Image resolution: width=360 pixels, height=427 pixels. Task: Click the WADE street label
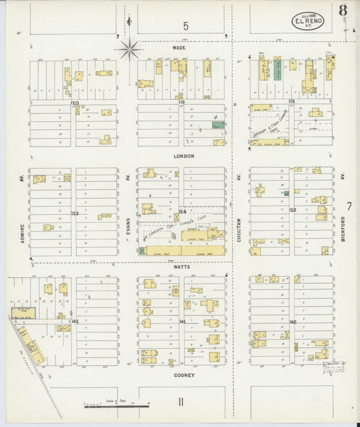(179, 48)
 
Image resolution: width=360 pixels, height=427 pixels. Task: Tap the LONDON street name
(183, 156)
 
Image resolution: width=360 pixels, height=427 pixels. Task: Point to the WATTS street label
(182, 267)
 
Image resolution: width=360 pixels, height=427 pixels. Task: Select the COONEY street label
(183, 375)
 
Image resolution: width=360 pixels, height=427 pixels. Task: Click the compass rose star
(128, 48)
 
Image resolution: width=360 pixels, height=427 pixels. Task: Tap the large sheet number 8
(343, 11)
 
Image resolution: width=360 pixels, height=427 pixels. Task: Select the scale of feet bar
(107, 406)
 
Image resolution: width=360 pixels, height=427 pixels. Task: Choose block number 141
(182, 322)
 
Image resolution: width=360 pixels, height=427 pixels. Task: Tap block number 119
(181, 102)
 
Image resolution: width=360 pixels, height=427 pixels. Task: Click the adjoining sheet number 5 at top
(184, 26)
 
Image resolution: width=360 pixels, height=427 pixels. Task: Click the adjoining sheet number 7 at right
(349, 205)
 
